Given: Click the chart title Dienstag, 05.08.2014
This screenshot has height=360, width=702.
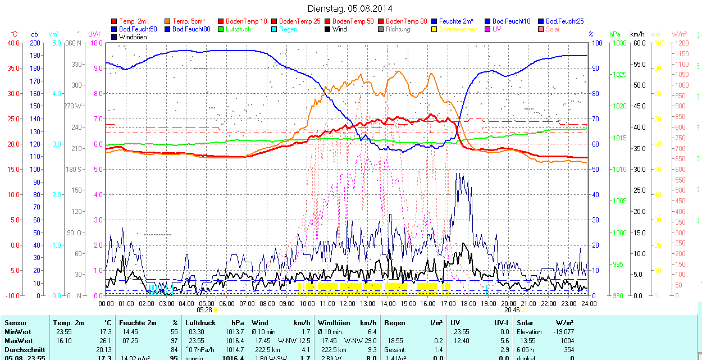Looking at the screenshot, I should pyautogui.click(x=350, y=8).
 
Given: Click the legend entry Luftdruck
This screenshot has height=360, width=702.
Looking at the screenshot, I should pyautogui.click(x=239, y=29).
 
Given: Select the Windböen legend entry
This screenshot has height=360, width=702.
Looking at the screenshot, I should pyautogui.click(x=132, y=37).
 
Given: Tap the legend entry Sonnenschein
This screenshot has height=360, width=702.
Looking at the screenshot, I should pyautogui.click(x=458, y=29).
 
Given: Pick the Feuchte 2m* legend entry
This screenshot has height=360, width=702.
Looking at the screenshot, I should pyautogui.click(x=458, y=21).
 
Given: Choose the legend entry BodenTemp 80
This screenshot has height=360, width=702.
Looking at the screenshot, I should pyautogui.click(x=406, y=21).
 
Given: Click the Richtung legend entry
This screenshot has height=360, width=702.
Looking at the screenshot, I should pyautogui.click(x=398, y=29).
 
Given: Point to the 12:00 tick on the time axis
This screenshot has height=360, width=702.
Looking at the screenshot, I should pyautogui.click(x=347, y=303).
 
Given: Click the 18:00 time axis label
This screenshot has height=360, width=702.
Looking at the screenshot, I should pyautogui.click(x=468, y=303).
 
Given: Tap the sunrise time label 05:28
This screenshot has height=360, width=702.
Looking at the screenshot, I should pyautogui.click(x=204, y=310).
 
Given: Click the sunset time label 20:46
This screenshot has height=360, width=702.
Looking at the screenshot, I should pyautogui.click(x=512, y=310).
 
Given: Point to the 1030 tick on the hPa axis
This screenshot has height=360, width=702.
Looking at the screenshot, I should pyautogui.click(x=620, y=43).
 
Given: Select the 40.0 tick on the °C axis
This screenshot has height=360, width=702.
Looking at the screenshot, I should pyautogui.click(x=13, y=43).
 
